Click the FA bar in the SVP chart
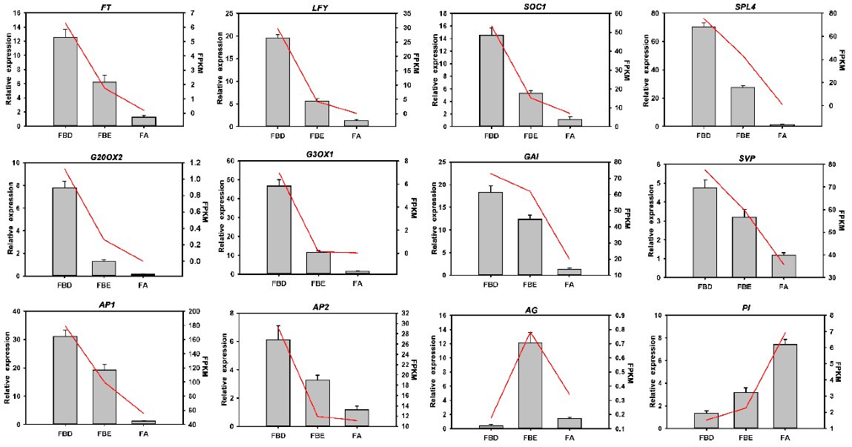(783, 266)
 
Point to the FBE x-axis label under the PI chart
(745, 438)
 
